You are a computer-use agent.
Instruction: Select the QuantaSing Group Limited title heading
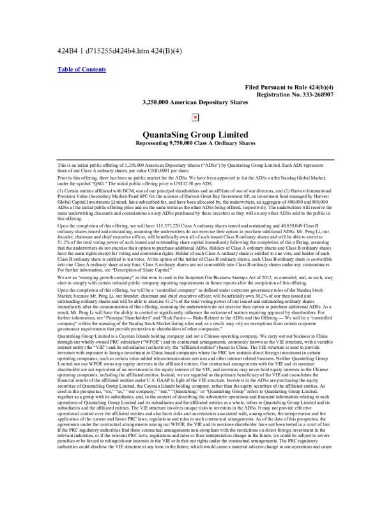point(195,135)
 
